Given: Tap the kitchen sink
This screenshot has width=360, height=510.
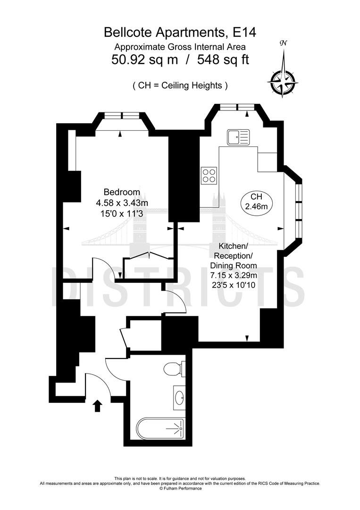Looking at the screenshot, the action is click(x=238, y=137).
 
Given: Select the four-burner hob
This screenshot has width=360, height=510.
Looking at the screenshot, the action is click(x=209, y=175).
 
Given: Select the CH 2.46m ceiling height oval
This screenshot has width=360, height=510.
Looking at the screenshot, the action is click(x=256, y=201).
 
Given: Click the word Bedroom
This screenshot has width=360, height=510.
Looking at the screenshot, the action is click(x=122, y=192).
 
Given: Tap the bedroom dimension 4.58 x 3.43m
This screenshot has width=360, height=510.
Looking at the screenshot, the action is click(x=122, y=203).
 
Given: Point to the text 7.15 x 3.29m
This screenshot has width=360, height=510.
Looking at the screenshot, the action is click(x=233, y=275).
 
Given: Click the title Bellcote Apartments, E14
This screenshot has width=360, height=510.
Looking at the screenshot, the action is click(x=180, y=32).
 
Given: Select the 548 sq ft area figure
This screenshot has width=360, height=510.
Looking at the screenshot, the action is click(x=223, y=59).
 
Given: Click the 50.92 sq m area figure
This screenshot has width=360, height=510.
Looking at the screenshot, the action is click(x=144, y=59).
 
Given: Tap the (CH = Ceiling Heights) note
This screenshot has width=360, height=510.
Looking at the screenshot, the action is click(x=180, y=85).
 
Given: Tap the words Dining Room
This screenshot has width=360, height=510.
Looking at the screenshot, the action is click(x=234, y=265).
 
